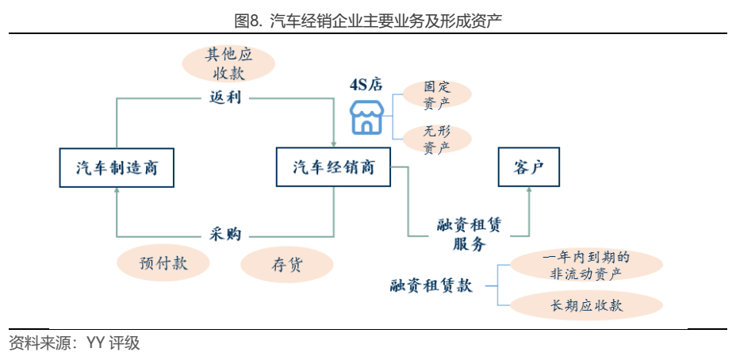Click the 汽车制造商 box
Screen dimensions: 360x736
pyautogui.click(x=117, y=167)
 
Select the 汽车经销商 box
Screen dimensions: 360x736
pyautogui.click(x=333, y=167)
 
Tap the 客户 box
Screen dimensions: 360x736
pyautogui.click(x=529, y=167)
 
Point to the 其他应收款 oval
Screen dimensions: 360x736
pyautogui.click(x=228, y=64)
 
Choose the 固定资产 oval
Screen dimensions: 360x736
pyautogui.click(x=437, y=94)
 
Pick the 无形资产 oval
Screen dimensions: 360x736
pyautogui.click(x=437, y=140)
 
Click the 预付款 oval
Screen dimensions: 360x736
pyautogui.click(x=163, y=264)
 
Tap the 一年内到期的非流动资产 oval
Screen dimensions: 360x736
pyautogui.click(x=585, y=265)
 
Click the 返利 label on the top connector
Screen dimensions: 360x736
pyautogui.click(x=225, y=98)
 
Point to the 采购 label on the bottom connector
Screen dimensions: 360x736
pyautogui.click(x=225, y=235)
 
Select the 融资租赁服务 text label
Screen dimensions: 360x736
pyautogui.click(x=469, y=235)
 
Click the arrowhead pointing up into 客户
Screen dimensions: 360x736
pyautogui.click(x=529, y=190)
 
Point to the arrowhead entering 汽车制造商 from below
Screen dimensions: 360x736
pyautogui.click(x=117, y=190)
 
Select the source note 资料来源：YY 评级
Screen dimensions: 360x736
pyautogui.click(x=75, y=343)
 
